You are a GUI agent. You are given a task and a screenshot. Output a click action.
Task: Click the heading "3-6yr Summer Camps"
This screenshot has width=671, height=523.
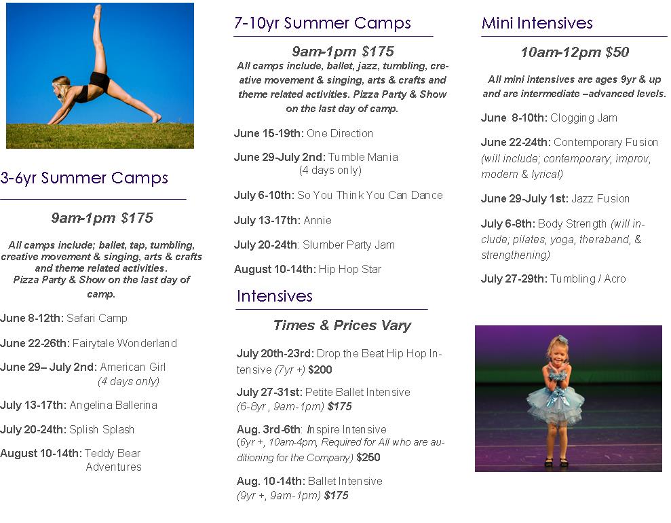pyautogui.click(x=84, y=178)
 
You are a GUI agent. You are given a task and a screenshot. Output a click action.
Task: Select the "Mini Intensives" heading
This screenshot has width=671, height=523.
pyautogui.click(x=537, y=22)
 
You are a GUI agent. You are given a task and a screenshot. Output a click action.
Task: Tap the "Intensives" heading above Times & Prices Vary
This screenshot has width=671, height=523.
pyautogui.click(x=274, y=296)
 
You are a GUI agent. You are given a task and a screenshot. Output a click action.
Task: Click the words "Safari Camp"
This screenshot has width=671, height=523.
pyautogui.click(x=97, y=319)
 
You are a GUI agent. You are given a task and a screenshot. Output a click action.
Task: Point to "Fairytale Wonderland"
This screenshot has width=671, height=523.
pyautogui.click(x=125, y=343)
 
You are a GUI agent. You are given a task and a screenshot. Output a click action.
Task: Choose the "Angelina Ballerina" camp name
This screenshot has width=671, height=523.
pyautogui.click(x=113, y=405)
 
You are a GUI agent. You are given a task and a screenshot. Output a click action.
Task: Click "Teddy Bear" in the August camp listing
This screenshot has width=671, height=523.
pyautogui.click(x=113, y=453)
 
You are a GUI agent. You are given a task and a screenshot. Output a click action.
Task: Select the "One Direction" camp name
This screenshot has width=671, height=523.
pyautogui.click(x=340, y=133)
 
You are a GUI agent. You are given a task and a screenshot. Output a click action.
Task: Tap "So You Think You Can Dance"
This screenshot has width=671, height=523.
pyautogui.click(x=370, y=196)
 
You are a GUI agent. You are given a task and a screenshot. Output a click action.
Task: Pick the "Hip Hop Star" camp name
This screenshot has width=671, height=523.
pyautogui.click(x=349, y=270)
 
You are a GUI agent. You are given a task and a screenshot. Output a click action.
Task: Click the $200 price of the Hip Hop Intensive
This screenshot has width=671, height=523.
pyautogui.click(x=320, y=369)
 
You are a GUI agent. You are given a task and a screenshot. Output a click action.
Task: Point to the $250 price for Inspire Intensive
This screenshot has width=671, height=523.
pyautogui.click(x=368, y=458)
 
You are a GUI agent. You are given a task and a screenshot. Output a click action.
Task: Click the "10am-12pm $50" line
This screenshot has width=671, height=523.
pyautogui.click(x=575, y=52)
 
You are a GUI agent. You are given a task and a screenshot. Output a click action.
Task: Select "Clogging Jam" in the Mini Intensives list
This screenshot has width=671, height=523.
pyautogui.click(x=583, y=118)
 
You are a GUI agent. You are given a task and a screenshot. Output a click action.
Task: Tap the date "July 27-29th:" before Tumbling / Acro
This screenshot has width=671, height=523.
pyautogui.click(x=514, y=279)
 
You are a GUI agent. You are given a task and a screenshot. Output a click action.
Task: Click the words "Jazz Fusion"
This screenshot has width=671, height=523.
pyautogui.click(x=600, y=199)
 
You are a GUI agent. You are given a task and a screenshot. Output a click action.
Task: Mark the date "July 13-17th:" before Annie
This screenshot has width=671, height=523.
pyautogui.click(x=267, y=220)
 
